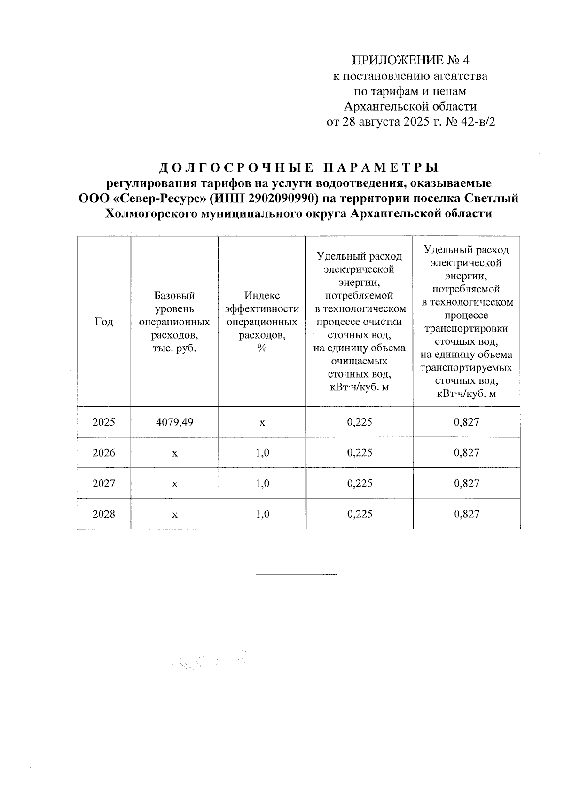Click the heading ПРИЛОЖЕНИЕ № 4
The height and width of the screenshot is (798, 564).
411,61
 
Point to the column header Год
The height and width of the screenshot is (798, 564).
104,322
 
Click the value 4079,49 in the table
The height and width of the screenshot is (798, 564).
174,422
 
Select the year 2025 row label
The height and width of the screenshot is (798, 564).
104,422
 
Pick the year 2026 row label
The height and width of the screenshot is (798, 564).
104,453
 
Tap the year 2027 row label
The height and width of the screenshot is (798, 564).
104,483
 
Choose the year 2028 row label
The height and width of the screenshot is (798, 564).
104,514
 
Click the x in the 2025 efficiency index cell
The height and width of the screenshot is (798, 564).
262,423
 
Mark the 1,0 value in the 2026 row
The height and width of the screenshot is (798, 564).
262,453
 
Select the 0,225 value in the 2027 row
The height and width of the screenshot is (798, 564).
360,483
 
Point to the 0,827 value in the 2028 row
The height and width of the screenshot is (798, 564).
467,514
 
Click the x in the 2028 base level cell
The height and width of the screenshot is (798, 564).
174,514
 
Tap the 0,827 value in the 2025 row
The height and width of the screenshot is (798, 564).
467,422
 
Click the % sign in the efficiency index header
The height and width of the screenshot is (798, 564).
262,348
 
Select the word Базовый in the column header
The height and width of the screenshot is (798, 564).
174,296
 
